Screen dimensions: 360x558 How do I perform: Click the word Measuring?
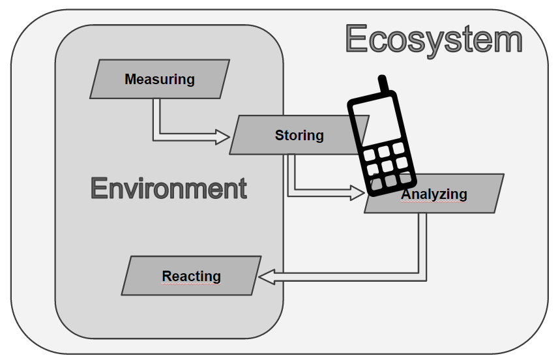coord(159,80)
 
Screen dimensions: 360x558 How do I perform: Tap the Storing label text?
coord(299,135)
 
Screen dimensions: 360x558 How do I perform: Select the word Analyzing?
coord(435,194)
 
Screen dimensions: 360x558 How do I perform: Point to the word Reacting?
coord(191,276)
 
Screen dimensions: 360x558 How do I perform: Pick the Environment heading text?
coord(169,188)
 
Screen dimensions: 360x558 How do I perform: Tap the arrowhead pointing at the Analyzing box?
coord(357,192)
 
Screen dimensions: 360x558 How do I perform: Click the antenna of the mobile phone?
coord(384,85)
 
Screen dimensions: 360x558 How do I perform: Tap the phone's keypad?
coord(389,165)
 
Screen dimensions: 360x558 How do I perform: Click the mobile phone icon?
coord(381,143)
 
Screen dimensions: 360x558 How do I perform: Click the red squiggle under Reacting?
coord(191,284)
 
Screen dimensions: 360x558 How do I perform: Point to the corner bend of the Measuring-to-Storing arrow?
coord(156,136)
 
